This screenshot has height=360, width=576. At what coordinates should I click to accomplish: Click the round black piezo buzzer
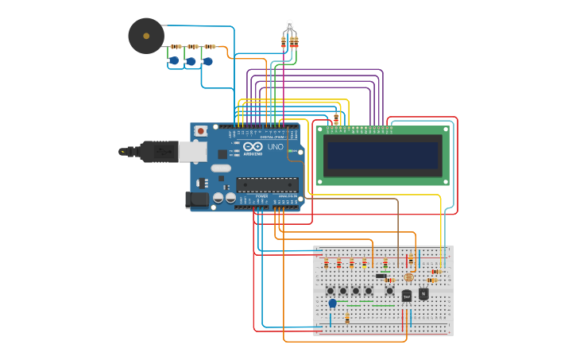click(146, 37)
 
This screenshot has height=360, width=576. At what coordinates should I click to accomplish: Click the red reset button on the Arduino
click(201, 130)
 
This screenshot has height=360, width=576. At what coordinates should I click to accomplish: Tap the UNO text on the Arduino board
click(275, 147)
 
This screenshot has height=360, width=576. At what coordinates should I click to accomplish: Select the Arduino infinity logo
click(253, 147)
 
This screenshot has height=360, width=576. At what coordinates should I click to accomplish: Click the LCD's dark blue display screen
click(383, 155)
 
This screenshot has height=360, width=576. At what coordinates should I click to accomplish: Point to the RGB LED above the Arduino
click(289, 25)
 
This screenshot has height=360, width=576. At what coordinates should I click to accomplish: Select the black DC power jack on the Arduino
click(196, 199)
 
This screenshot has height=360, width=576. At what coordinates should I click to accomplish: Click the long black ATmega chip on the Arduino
click(267, 184)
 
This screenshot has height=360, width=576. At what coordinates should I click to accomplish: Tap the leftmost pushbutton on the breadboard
click(331, 291)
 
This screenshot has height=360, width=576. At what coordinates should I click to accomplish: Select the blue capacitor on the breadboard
click(332, 303)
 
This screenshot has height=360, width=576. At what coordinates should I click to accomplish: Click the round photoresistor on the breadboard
click(409, 277)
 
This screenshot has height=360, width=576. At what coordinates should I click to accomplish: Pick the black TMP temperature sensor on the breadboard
click(407, 296)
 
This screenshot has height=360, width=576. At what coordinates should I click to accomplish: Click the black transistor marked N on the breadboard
click(423, 294)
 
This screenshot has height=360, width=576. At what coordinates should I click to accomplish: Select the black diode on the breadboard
click(381, 276)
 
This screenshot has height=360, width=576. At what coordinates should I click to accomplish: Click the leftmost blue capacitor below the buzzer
click(174, 60)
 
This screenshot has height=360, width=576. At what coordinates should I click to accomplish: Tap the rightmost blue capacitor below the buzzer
click(208, 60)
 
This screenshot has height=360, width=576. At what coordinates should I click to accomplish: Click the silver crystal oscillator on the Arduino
click(221, 168)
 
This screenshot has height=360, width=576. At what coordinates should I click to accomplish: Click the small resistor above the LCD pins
click(336, 119)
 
